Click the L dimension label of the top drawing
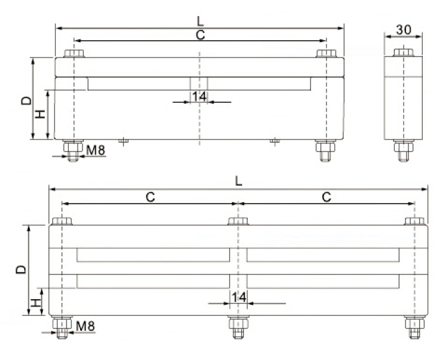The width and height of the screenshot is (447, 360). point(199,21)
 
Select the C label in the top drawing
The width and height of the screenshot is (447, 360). point(200,35)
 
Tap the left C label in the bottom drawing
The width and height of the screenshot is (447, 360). point(150,197)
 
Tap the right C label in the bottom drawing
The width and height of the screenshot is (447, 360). point(327,197)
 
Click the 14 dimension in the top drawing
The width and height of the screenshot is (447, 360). point(199,96)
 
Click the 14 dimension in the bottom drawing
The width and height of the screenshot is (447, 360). point(239,297)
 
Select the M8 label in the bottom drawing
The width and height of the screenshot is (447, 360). point(85,325)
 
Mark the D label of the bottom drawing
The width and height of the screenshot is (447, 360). point(20,269)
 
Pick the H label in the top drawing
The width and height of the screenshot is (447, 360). point(40,114)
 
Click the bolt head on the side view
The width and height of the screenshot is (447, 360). point(404,53)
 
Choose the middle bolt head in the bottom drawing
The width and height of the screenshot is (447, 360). point(238,221)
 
